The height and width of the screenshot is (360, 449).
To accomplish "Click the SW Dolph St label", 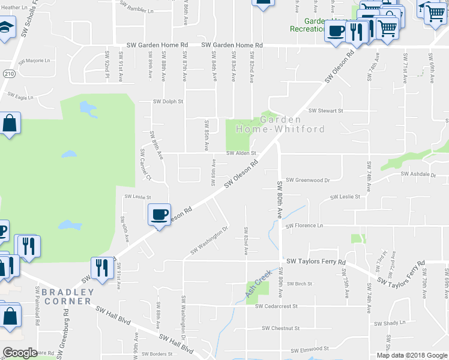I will coord(167,102).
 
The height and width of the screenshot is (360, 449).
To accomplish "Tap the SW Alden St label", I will coord(241,153).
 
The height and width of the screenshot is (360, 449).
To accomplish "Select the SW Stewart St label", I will coord(325,111).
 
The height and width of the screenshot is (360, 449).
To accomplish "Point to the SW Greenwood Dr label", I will coord(308,180).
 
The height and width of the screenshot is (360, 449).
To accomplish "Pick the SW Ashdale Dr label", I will coord(418,175).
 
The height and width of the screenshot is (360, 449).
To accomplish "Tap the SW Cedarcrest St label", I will coord(276,306).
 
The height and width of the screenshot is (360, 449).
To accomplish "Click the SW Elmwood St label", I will coord(310,349).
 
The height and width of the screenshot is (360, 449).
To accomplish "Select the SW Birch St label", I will coord(300,284).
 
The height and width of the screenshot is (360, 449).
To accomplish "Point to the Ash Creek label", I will coord(259,284).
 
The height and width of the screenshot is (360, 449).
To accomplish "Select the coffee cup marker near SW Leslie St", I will coord(160,214).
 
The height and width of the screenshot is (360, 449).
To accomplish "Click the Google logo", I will coord(20,353).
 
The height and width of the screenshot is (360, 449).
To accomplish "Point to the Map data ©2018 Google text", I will coord(411,355).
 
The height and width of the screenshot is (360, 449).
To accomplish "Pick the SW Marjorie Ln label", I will coord(34,61).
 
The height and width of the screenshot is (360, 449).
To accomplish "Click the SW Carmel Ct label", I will coord(145,165).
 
